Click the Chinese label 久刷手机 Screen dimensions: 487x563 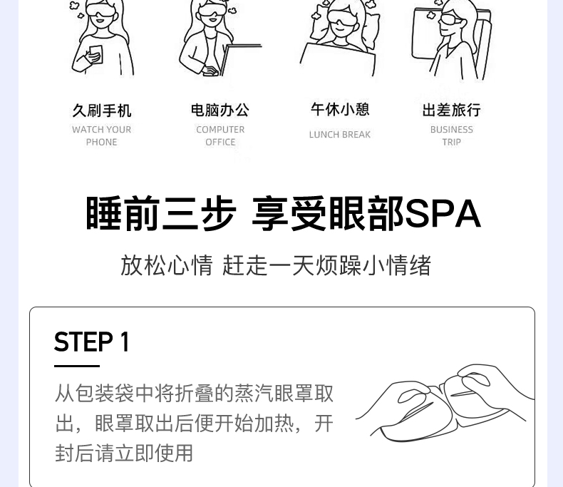102,111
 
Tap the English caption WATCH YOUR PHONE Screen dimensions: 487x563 102,135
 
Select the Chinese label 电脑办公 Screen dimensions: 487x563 220,110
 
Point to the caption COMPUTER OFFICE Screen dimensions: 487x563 220,135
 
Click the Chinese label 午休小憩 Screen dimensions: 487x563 340,109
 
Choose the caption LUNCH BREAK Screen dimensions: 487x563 340,135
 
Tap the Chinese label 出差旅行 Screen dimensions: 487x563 451,110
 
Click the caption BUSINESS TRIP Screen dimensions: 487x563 451,135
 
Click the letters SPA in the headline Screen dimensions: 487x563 443,213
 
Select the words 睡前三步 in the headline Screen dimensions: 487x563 160,213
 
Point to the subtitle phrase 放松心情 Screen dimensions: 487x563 167,265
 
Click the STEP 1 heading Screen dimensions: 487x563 92,342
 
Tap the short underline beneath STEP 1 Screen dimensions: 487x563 77,366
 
